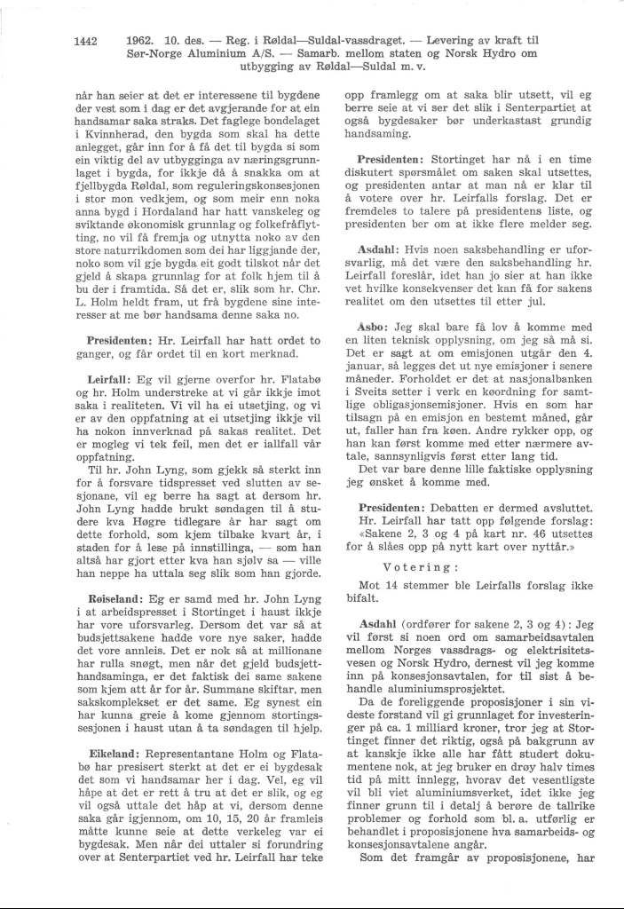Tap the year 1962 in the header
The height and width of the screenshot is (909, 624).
(x=142, y=39)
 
